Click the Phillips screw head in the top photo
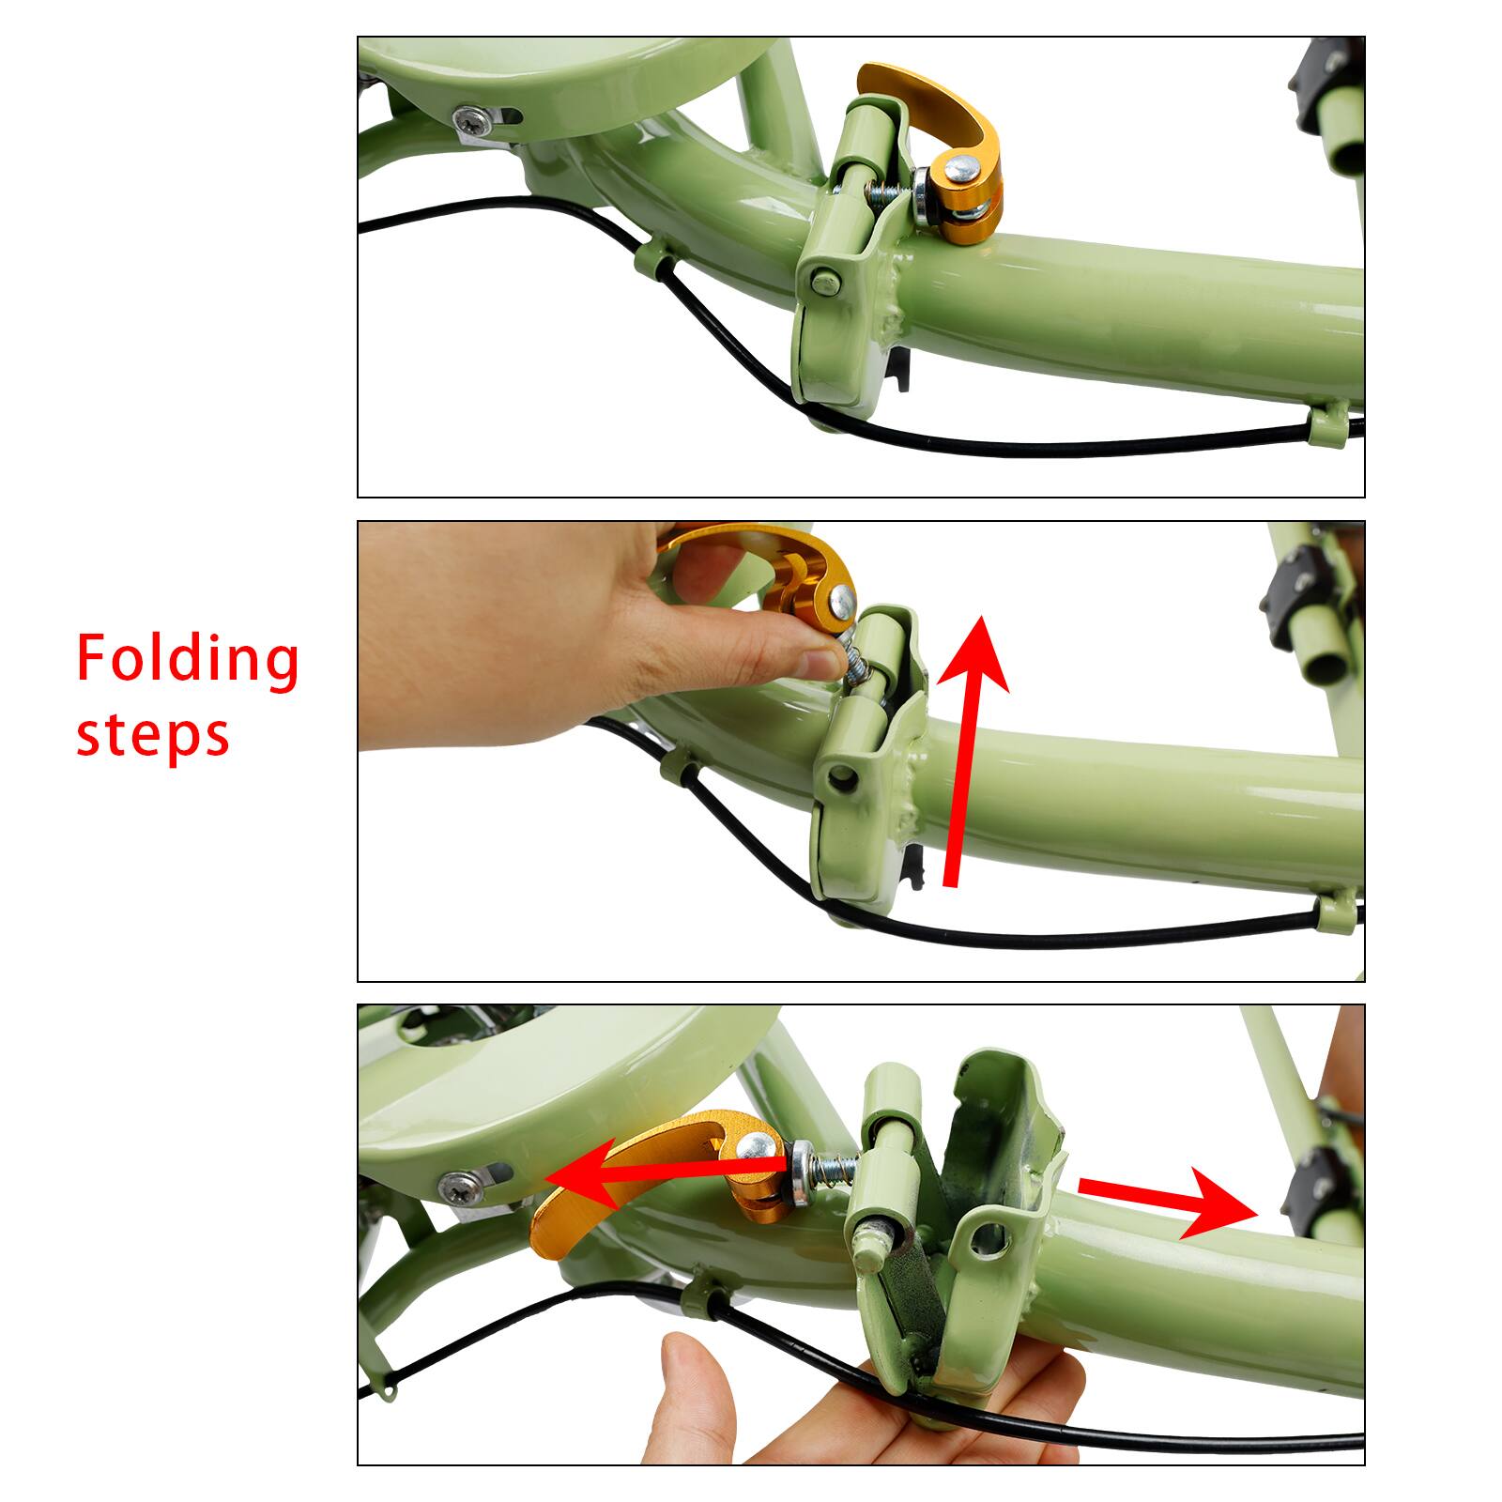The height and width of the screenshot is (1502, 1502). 469,119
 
